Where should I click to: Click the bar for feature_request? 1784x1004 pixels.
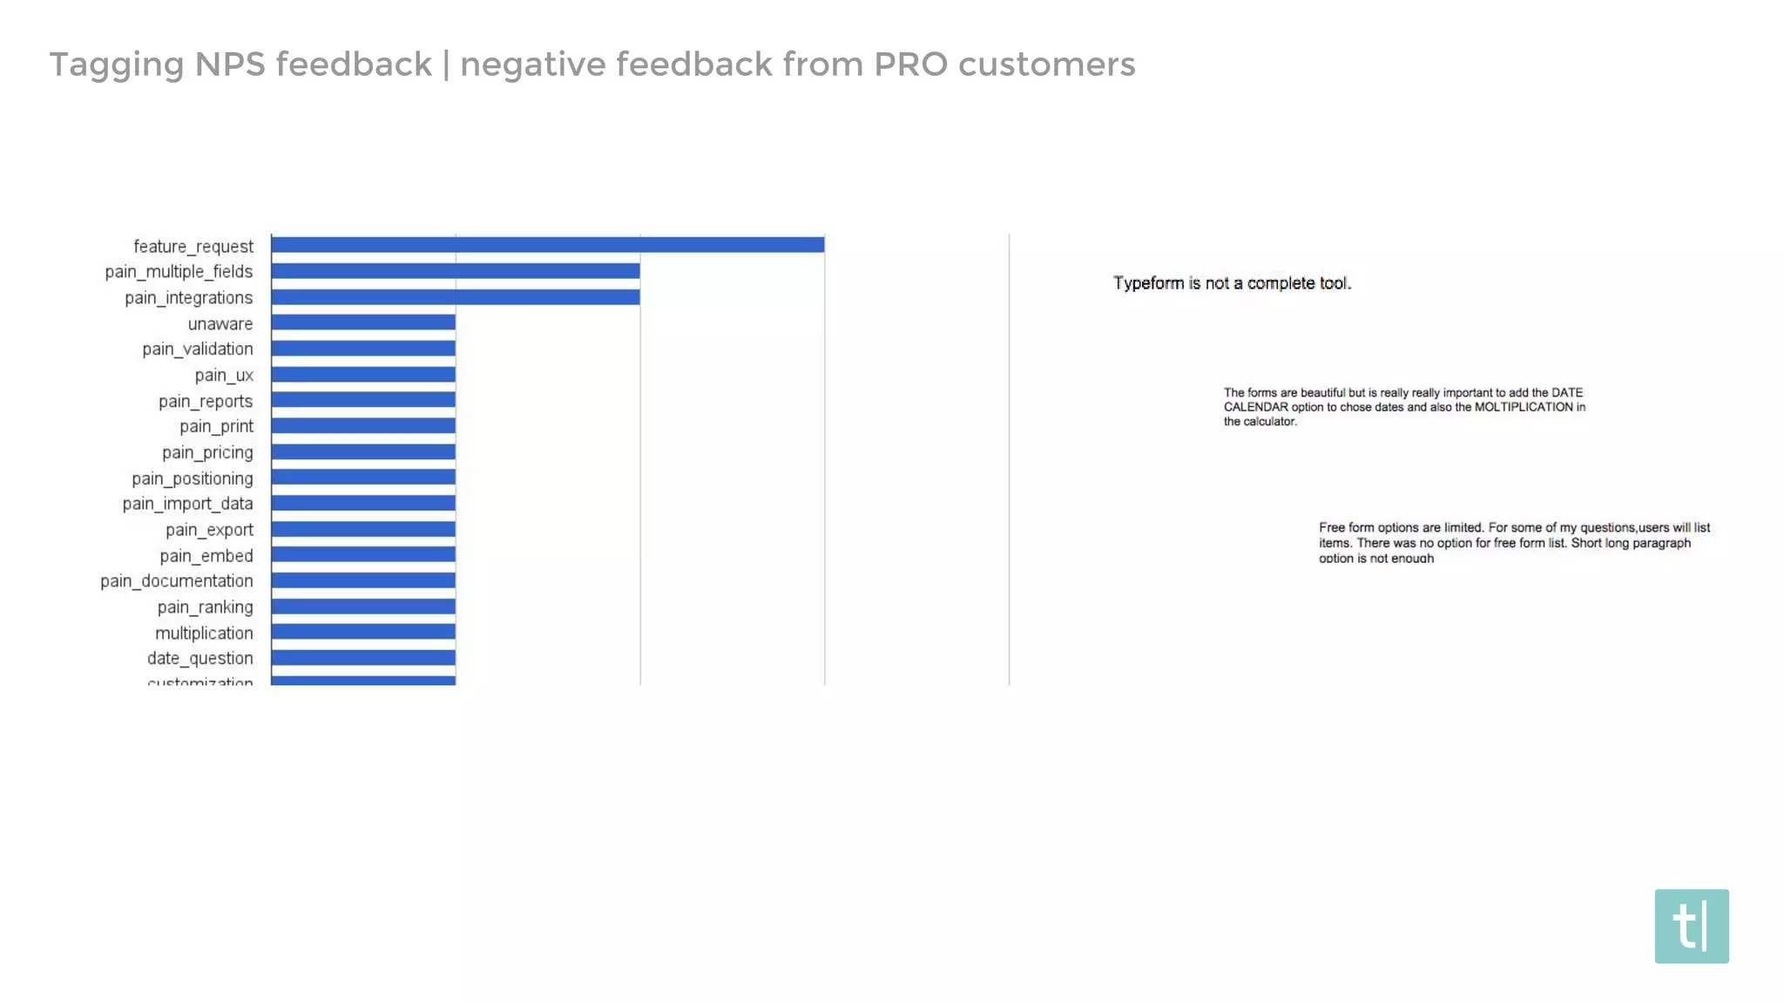pyautogui.click(x=547, y=245)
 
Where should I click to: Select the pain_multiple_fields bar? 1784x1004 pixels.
pyautogui.click(x=455, y=271)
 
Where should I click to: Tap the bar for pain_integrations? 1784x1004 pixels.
pyautogui.click(x=455, y=297)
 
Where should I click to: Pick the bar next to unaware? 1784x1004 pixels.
pyautogui.click(x=363, y=322)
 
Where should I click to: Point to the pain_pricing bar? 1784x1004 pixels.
pyautogui.click(x=363, y=451)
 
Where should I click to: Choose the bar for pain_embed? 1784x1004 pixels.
pyautogui.click(x=363, y=554)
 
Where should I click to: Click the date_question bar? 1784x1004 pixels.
pyautogui.click(x=363, y=658)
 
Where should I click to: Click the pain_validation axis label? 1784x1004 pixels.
pyautogui.click(x=198, y=349)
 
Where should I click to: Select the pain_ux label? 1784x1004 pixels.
pyautogui.click(x=224, y=376)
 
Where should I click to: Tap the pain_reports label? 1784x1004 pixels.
pyautogui.click(x=206, y=402)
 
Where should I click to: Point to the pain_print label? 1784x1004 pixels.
pyautogui.click(x=216, y=427)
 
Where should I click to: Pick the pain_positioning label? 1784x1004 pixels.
pyautogui.click(x=193, y=478)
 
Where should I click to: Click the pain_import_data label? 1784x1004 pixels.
pyautogui.click(x=187, y=504)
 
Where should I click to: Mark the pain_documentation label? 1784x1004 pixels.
pyautogui.click(x=177, y=581)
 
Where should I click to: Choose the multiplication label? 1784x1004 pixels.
pyautogui.click(x=204, y=634)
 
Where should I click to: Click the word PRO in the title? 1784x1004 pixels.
pyautogui.click(x=910, y=64)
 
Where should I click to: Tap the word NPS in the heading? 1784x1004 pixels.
pyautogui.click(x=230, y=64)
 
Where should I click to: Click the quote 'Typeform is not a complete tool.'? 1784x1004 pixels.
pyautogui.click(x=1232, y=283)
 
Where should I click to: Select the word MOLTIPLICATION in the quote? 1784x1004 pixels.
pyautogui.click(x=1523, y=407)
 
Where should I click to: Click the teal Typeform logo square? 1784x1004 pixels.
pyautogui.click(x=1691, y=926)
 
